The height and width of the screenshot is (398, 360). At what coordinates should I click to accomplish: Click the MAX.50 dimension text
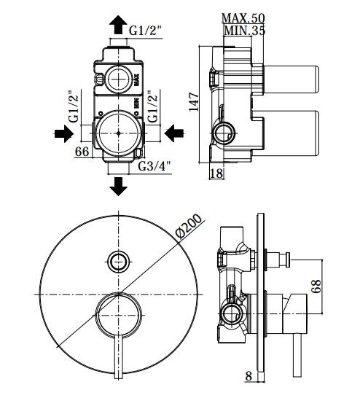click(x=243, y=18)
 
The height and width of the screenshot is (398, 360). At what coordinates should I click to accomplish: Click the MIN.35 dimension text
click(x=245, y=31)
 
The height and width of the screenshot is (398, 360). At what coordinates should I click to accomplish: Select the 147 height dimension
click(x=194, y=102)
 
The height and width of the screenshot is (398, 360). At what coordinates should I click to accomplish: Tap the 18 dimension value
click(x=216, y=173)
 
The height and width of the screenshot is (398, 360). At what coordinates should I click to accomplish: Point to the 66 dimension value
click(x=82, y=152)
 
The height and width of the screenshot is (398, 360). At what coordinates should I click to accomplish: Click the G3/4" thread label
click(x=154, y=166)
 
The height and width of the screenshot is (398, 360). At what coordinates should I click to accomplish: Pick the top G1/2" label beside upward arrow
click(x=145, y=31)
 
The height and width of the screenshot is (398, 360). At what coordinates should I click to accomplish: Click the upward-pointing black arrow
click(x=118, y=25)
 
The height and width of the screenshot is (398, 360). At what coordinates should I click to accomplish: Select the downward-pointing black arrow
click(x=118, y=187)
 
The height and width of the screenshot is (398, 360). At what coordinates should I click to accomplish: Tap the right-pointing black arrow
click(x=64, y=133)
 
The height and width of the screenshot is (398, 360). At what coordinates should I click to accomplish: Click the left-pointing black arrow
click(x=174, y=133)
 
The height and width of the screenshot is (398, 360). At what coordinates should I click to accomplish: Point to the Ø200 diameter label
click(x=189, y=227)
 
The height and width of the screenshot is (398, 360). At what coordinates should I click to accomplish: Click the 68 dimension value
click(x=316, y=286)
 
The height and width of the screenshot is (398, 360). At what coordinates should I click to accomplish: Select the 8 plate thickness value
click(x=249, y=383)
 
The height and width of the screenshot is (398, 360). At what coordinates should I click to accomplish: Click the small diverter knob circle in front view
click(x=119, y=262)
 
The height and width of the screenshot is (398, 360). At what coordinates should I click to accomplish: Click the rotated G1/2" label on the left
click(x=74, y=106)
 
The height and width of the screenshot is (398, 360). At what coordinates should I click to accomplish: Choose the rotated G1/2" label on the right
click(x=153, y=106)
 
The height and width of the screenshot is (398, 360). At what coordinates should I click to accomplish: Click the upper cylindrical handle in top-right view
click(x=291, y=79)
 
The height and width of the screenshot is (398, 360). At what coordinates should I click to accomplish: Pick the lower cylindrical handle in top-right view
click(x=291, y=133)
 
